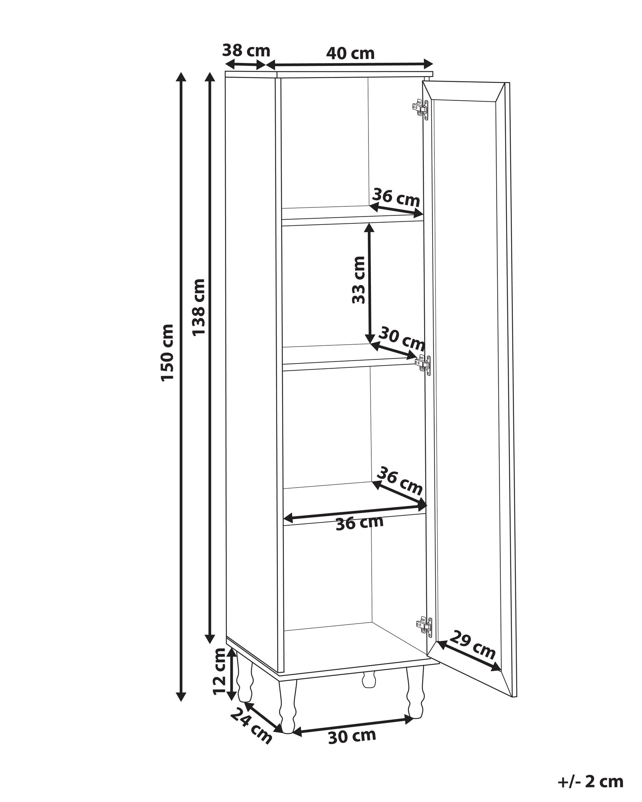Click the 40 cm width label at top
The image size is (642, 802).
(350, 53)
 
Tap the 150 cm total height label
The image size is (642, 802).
(168, 352)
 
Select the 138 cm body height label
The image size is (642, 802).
(198, 307)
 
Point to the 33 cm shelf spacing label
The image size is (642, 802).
(359, 280)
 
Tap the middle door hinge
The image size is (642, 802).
(423, 364)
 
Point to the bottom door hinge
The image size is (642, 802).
(424, 625)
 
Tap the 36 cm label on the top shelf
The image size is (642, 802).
(396, 197)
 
